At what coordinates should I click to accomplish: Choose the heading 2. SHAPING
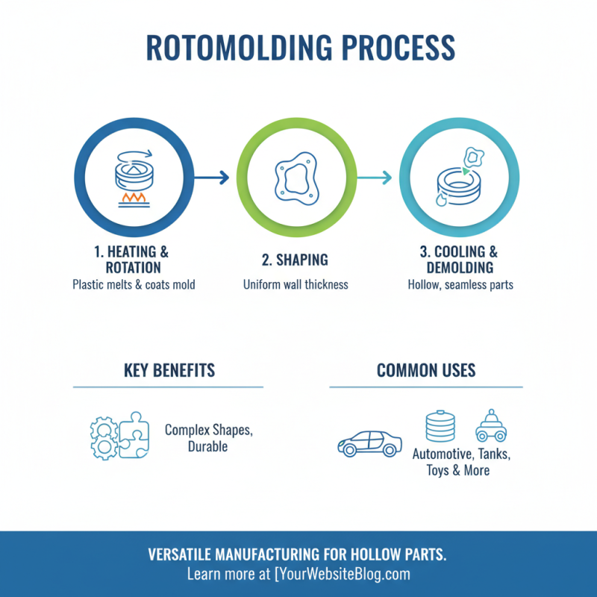click(x=296, y=260)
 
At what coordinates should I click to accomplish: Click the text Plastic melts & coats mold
click(x=134, y=284)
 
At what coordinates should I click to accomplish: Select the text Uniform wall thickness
click(x=296, y=284)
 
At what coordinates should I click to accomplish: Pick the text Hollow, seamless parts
click(x=460, y=284)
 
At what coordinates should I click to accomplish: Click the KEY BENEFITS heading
click(x=169, y=370)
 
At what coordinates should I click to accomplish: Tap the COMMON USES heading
click(x=426, y=370)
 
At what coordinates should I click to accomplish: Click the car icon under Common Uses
click(x=369, y=443)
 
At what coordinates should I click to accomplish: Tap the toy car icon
click(x=491, y=426)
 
